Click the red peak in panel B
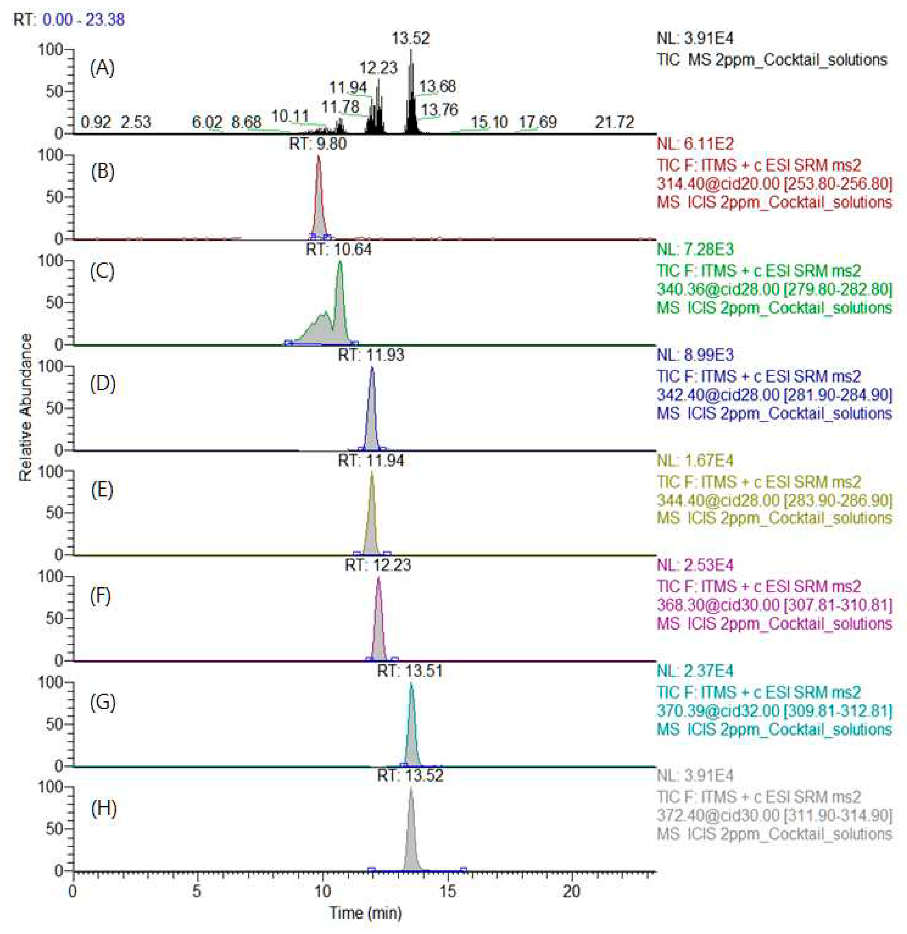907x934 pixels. tap(319, 200)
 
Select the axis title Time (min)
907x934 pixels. tap(365, 913)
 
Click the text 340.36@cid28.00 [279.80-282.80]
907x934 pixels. tap(774, 289)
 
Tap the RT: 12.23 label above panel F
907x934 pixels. tap(378, 565)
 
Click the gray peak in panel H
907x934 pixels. tap(411, 829)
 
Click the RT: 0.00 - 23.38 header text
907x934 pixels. tap(69, 20)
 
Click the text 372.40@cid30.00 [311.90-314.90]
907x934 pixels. tap(774, 815)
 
